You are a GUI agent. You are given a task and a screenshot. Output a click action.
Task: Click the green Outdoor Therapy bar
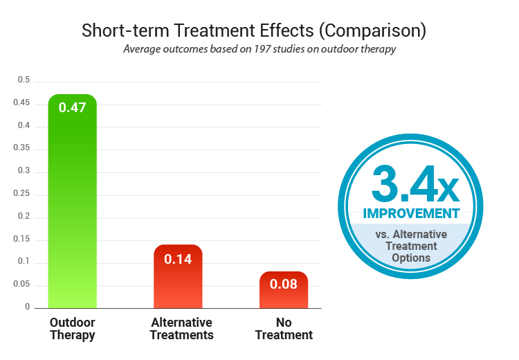[72, 208]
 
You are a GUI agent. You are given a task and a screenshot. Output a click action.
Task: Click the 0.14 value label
[178, 260]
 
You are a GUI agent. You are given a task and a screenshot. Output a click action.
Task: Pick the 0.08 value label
[284, 285]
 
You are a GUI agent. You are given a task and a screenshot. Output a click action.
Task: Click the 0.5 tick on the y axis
[25, 80]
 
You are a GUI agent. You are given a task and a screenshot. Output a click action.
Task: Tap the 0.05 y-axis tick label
[23, 285]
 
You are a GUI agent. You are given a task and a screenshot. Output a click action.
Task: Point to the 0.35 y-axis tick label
[23, 148]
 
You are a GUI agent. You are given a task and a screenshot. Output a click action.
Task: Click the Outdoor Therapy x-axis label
[72, 329]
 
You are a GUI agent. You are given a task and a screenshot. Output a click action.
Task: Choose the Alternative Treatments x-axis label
[182, 329]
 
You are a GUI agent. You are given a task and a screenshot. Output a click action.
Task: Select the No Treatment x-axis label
[284, 329]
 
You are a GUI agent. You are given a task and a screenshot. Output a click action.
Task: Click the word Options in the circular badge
[411, 258]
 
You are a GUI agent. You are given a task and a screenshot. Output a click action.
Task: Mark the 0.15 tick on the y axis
[23, 239]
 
